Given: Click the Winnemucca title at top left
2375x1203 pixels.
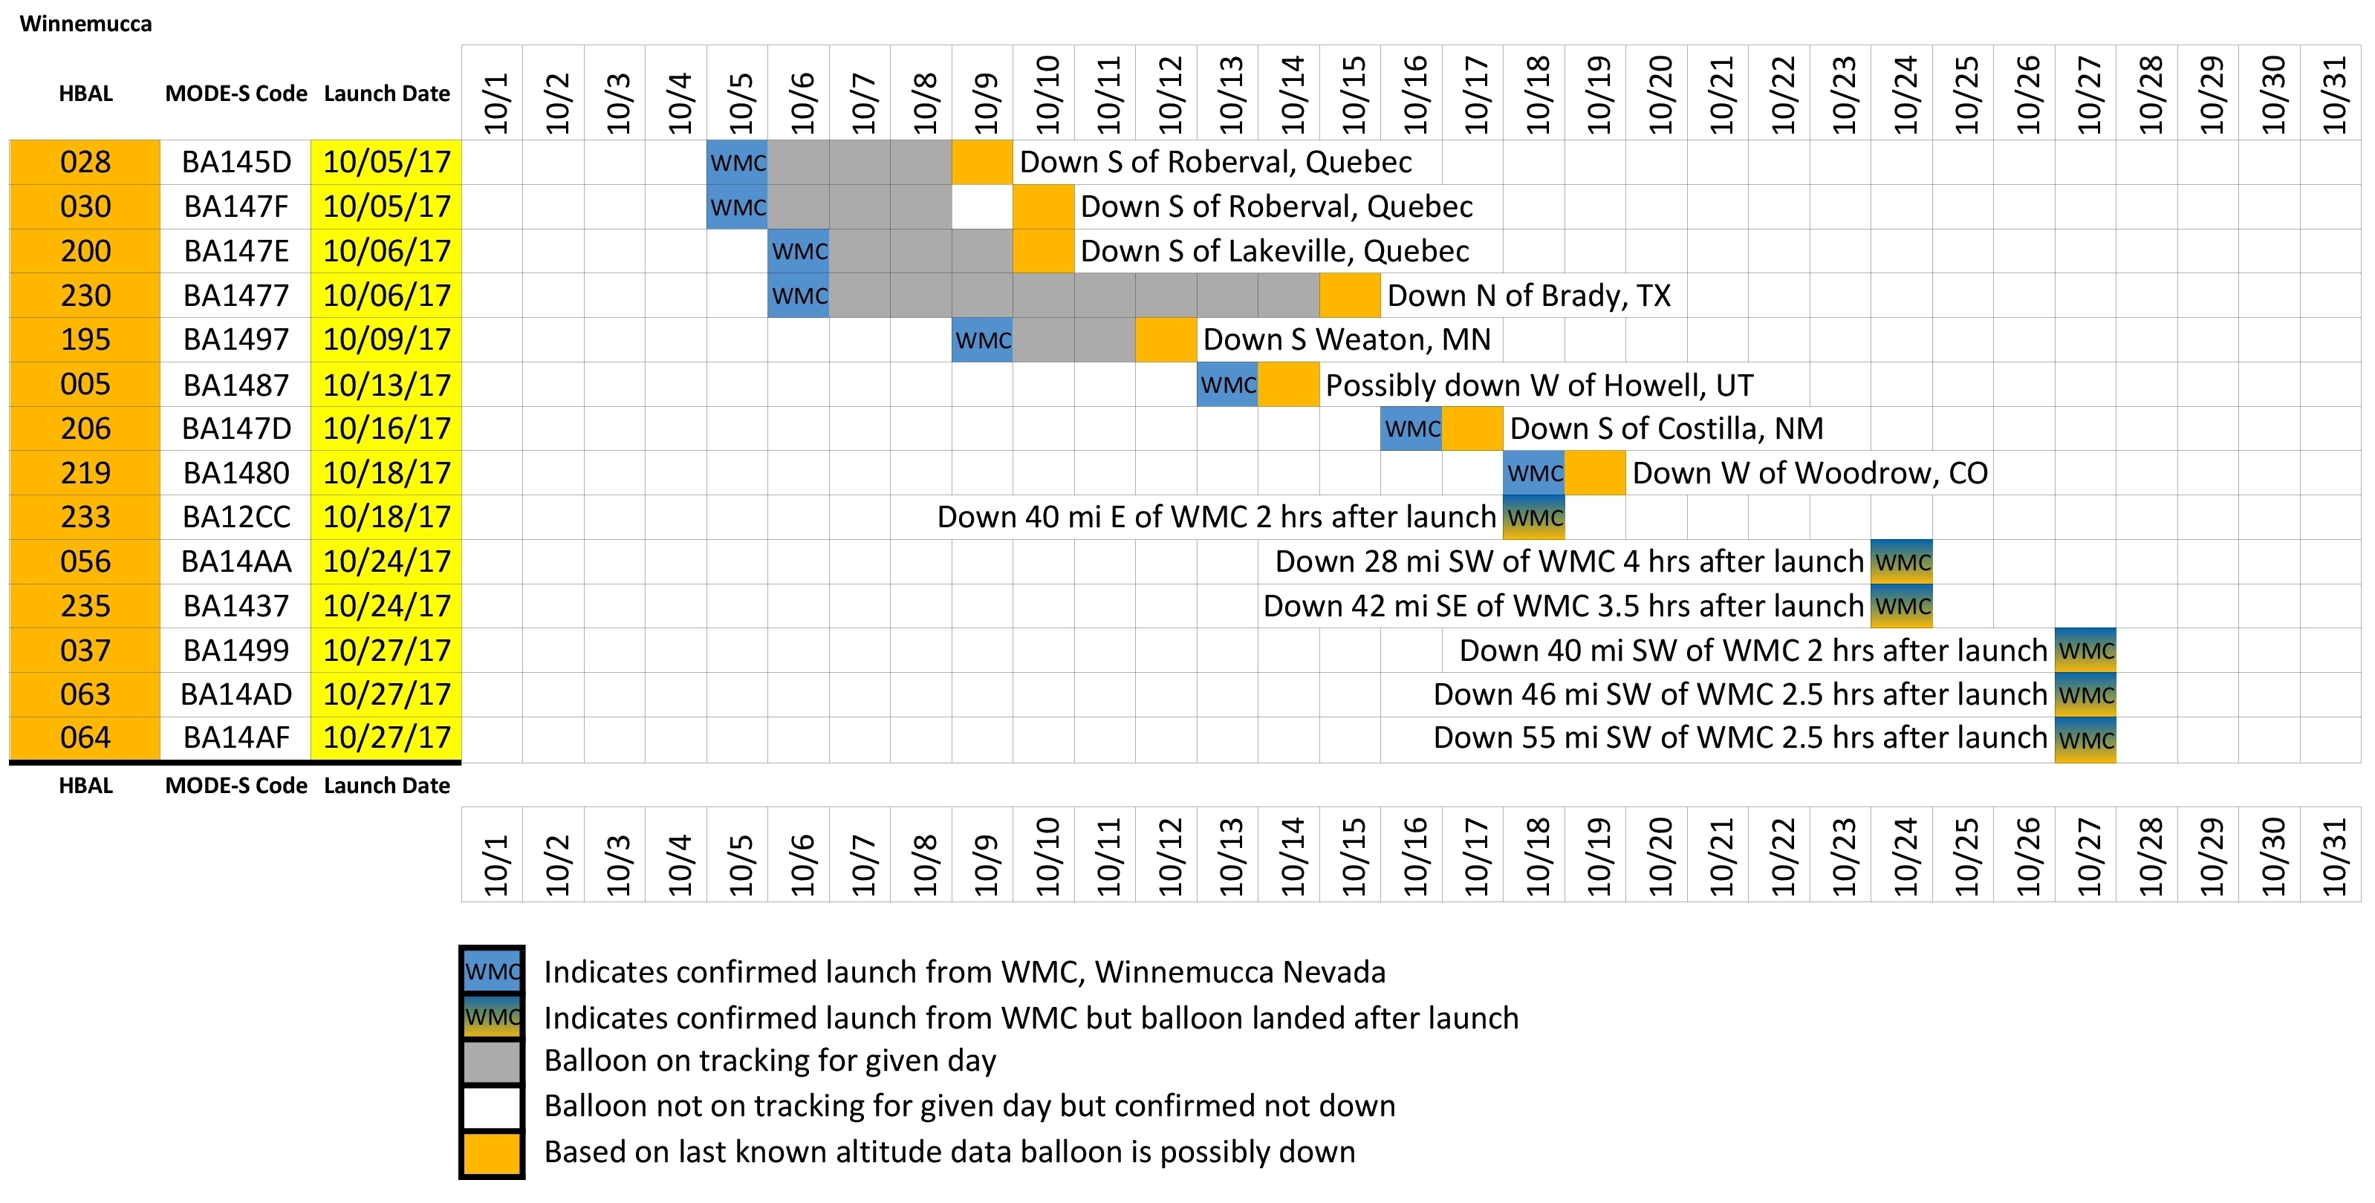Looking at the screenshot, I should [x=85, y=24].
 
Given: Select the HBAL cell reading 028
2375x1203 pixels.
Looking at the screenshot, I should [x=85, y=162].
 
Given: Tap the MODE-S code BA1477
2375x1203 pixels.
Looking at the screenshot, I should [x=236, y=296].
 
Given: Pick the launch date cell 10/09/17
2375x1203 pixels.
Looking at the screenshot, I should [x=386, y=340].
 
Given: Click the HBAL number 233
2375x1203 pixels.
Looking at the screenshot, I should [x=85, y=517].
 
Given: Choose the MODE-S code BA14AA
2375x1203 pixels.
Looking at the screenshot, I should [x=236, y=561].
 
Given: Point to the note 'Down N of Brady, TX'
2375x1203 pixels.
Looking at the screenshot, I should [x=1529, y=296].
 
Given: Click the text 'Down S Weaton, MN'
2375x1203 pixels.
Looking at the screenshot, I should [x=1346, y=340].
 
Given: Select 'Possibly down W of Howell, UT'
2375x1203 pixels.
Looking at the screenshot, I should [x=1539, y=385].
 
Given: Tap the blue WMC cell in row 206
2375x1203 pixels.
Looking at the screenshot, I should [x=1411, y=428].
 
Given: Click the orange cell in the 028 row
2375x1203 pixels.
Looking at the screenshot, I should [x=982, y=162].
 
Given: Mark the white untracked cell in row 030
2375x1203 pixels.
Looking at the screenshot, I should [x=982, y=206].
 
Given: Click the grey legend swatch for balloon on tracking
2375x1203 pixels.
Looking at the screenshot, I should [x=493, y=1062].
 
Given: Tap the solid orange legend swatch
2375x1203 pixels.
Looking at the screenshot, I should [x=493, y=1153].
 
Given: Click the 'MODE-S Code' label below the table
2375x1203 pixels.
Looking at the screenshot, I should [x=236, y=786].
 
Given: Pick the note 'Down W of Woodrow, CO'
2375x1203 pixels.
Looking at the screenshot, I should [x=1810, y=473].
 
